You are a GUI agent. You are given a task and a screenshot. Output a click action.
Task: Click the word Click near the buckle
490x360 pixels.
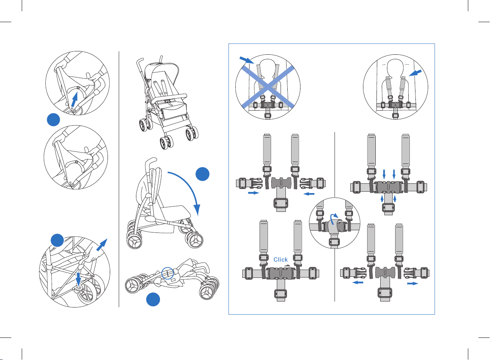coord(281,260)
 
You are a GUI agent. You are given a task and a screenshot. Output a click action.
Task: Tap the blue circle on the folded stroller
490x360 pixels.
coord(167,273)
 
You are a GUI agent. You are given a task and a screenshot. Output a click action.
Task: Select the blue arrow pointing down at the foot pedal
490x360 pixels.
coord(78,280)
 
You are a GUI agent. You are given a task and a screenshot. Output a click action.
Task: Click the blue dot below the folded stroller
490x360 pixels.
coord(153,299)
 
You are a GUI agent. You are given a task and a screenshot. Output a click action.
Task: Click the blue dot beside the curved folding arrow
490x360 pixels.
coord(203,174)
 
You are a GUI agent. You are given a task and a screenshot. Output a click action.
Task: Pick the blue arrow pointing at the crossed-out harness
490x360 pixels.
coord(247,60)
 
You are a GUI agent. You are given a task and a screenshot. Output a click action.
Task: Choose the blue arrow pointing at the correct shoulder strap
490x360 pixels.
coord(415,73)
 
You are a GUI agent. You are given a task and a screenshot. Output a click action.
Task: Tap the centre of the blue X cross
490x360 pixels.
coord(268,87)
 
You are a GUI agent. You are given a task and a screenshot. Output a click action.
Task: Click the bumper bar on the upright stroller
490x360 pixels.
coord(169,98)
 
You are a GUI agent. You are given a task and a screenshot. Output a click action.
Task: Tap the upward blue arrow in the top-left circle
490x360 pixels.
coord(75,99)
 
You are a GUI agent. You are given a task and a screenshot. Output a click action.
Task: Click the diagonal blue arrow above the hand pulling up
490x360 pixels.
coord(102,244)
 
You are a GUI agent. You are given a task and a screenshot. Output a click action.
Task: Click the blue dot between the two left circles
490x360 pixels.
coord(53,120)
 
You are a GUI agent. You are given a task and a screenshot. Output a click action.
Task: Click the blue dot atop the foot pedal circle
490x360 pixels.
coord(57,240)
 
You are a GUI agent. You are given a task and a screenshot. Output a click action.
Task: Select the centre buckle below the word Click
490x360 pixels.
coord(281,273)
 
